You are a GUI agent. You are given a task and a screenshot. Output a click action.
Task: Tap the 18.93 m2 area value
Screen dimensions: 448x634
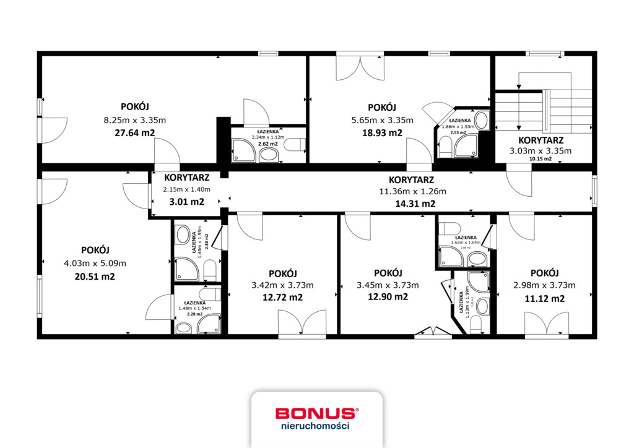[x=382, y=133]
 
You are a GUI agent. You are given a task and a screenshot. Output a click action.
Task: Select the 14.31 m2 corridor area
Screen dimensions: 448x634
[x=415, y=204]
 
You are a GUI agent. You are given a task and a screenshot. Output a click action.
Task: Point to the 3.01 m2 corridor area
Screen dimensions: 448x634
[x=187, y=202]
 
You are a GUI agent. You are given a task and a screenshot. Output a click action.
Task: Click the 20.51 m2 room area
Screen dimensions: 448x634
[x=95, y=277]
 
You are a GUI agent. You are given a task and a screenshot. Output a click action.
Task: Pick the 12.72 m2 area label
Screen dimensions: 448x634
[x=283, y=298]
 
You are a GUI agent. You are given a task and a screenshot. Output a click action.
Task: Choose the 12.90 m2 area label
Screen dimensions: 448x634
[x=388, y=297]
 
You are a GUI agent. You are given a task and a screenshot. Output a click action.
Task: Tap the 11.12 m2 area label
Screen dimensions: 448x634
[x=545, y=298]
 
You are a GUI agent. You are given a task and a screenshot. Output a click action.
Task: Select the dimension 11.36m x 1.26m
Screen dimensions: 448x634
[x=412, y=192]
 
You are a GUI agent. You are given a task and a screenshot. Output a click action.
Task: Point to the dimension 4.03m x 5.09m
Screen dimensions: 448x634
[x=95, y=263]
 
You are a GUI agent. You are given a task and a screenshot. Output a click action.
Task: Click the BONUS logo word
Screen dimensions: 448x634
[x=316, y=413]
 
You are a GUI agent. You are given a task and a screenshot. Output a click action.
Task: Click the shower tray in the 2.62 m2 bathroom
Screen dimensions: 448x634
[x=243, y=150]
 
